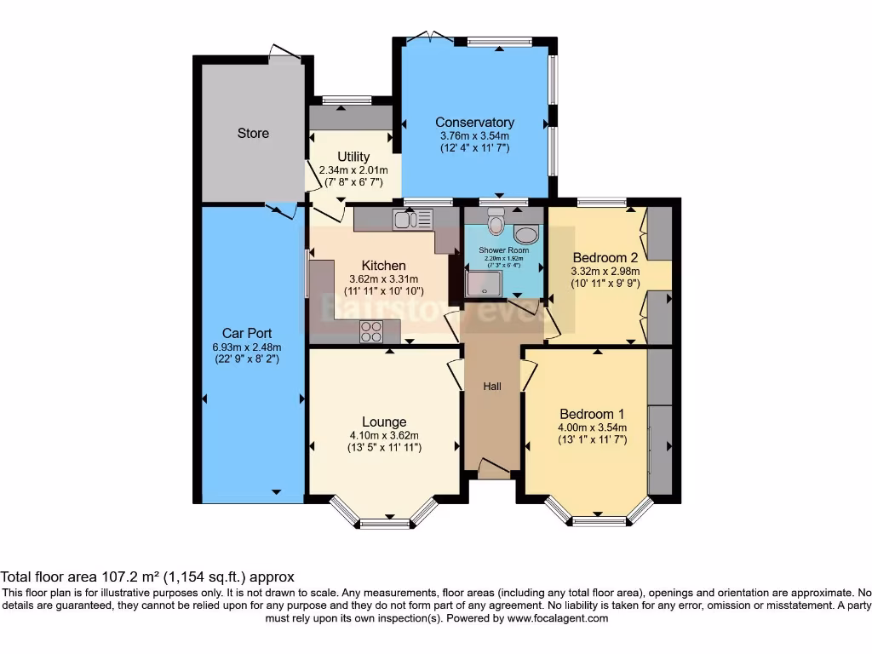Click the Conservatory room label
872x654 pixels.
pos(474,123)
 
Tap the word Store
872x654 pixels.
pos(253,133)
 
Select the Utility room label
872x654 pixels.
pos(353,157)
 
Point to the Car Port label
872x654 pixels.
pos(247,333)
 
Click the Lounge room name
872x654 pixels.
pos(384,422)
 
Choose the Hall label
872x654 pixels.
pos(492,387)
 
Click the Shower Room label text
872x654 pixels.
pos(504,250)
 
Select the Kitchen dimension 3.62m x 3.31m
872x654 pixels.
pos(383,278)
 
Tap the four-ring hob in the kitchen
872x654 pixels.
pos(371,331)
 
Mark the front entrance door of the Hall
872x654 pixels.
pos(492,468)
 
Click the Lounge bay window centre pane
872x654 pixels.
pos(384,523)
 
